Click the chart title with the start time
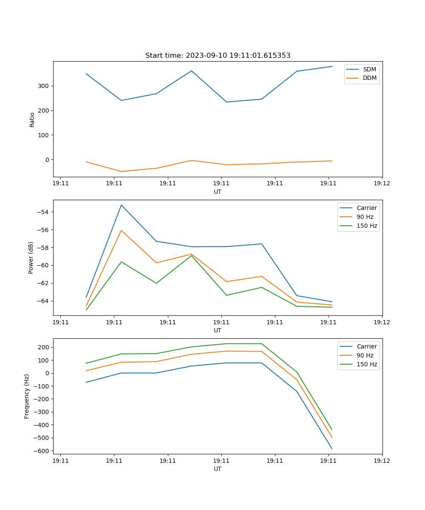pos(218,56)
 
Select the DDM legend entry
pos(369,78)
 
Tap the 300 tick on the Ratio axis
pos(44,86)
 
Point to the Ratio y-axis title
pos(32,119)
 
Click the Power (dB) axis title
pos(31,258)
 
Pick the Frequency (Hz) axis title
pos(27,396)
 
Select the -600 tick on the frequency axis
pos(41,450)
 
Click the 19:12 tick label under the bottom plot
pos(382,461)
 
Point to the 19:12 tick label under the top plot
pos(382,184)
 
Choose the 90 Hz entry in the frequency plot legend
pos(365,355)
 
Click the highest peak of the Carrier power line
pos(121,205)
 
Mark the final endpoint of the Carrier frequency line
pos(332,449)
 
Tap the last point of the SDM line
pos(332,66)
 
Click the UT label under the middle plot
pos(218,330)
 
